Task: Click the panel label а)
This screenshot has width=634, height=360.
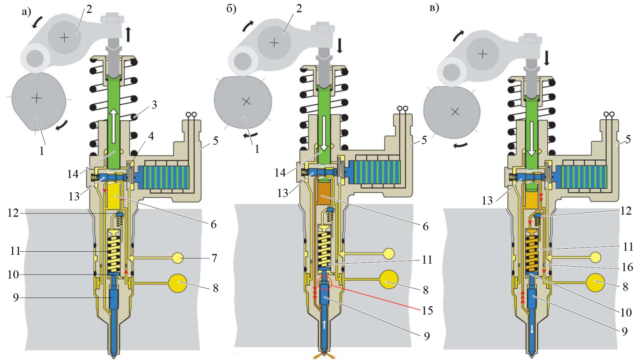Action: (x=26, y=12)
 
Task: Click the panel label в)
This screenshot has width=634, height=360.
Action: (x=434, y=8)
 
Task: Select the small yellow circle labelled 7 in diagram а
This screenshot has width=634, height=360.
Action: (x=178, y=257)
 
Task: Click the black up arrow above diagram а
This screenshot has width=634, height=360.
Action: (x=128, y=34)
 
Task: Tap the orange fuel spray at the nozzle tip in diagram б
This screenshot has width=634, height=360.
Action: (x=324, y=355)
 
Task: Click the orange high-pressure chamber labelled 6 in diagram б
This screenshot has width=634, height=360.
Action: (x=324, y=194)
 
